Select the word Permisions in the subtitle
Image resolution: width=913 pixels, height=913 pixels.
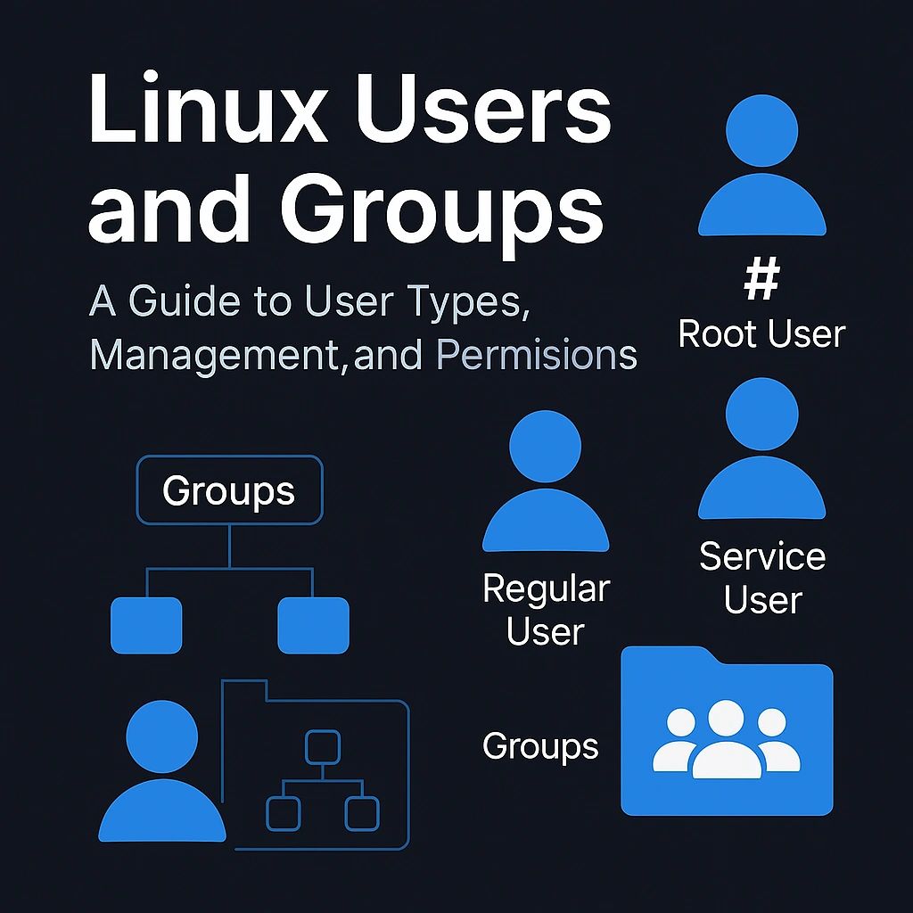coord(537,355)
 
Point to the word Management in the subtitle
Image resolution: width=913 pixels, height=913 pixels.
coord(210,355)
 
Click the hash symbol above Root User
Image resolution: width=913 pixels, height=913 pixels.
coord(761,283)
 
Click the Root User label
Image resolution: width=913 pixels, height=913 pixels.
coord(761,334)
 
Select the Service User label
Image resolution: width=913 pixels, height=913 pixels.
coord(762,578)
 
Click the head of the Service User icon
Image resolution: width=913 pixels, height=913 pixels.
coord(761,414)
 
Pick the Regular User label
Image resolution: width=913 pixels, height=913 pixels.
coord(546,611)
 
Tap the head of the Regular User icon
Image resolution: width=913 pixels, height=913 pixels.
coord(545,447)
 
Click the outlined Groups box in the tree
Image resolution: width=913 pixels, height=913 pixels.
coord(229,489)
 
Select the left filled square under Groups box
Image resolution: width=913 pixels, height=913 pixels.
coord(146,625)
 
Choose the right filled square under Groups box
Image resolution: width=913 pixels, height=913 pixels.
coord(313,625)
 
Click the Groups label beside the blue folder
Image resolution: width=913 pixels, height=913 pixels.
coord(540,746)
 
